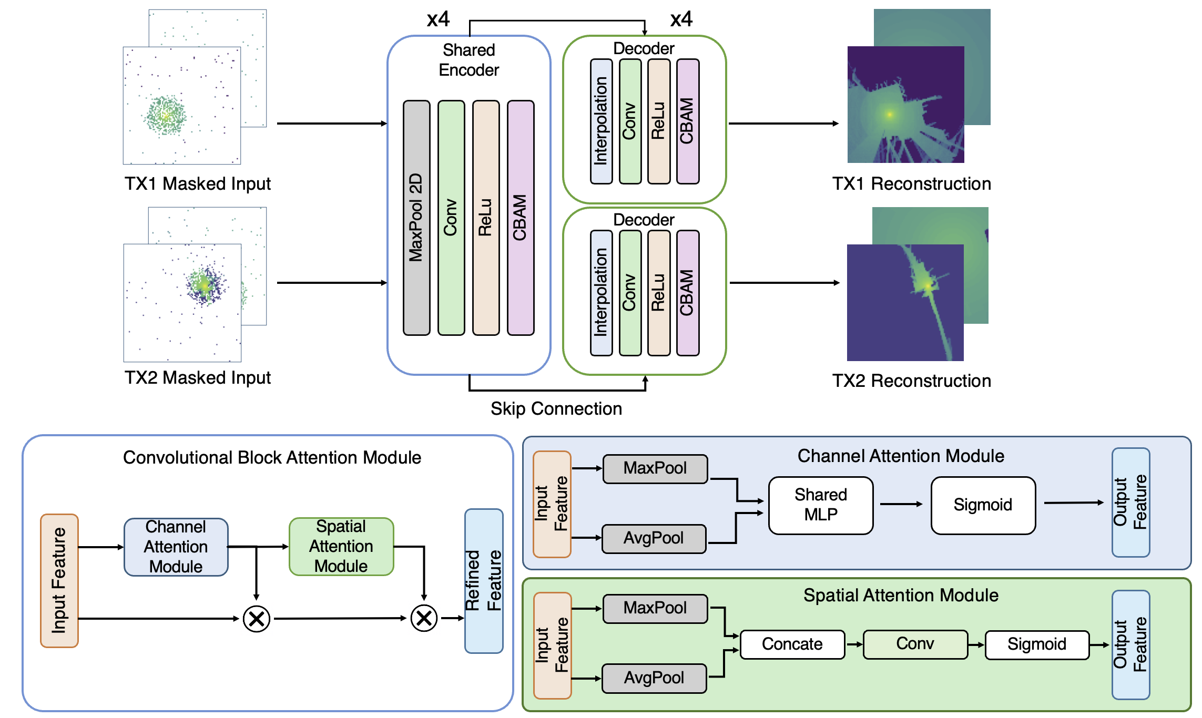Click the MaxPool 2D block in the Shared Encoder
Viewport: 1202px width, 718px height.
click(x=416, y=218)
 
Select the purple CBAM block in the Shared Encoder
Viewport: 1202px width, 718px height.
click(x=520, y=218)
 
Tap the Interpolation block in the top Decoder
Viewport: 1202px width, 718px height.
click(x=601, y=121)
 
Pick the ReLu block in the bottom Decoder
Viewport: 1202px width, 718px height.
click(x=658, y=293)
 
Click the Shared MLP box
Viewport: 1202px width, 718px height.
click(x=820, y=505)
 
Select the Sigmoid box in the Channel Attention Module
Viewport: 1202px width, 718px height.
click(x=983, y=505)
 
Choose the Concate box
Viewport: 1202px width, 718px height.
click(x=792, y=644)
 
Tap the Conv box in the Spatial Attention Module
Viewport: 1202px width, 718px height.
click(x=915, y=644)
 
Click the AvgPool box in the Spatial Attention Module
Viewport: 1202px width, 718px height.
click(x=654, y=678)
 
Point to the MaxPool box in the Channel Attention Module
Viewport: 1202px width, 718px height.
click(x=655, y=468)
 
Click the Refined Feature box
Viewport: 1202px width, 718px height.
click(x=484, y=581)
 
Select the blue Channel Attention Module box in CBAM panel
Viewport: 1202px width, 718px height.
click(x=176, y=547)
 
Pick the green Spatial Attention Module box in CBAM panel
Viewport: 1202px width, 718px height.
click(x=341, y=546)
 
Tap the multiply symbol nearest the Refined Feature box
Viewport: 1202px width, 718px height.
click(x=424, y=618)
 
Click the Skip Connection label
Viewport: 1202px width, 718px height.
click(x=556, y=409)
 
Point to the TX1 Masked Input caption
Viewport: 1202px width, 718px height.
click(x=197, y=184)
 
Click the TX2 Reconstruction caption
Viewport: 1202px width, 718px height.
click(x=911, y=381)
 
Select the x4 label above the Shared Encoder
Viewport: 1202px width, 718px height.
click(x=438, y=19)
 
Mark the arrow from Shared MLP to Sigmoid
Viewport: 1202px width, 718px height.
click(x=901, y=504)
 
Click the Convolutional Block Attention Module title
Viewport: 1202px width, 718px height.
click(x=272, y=458)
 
